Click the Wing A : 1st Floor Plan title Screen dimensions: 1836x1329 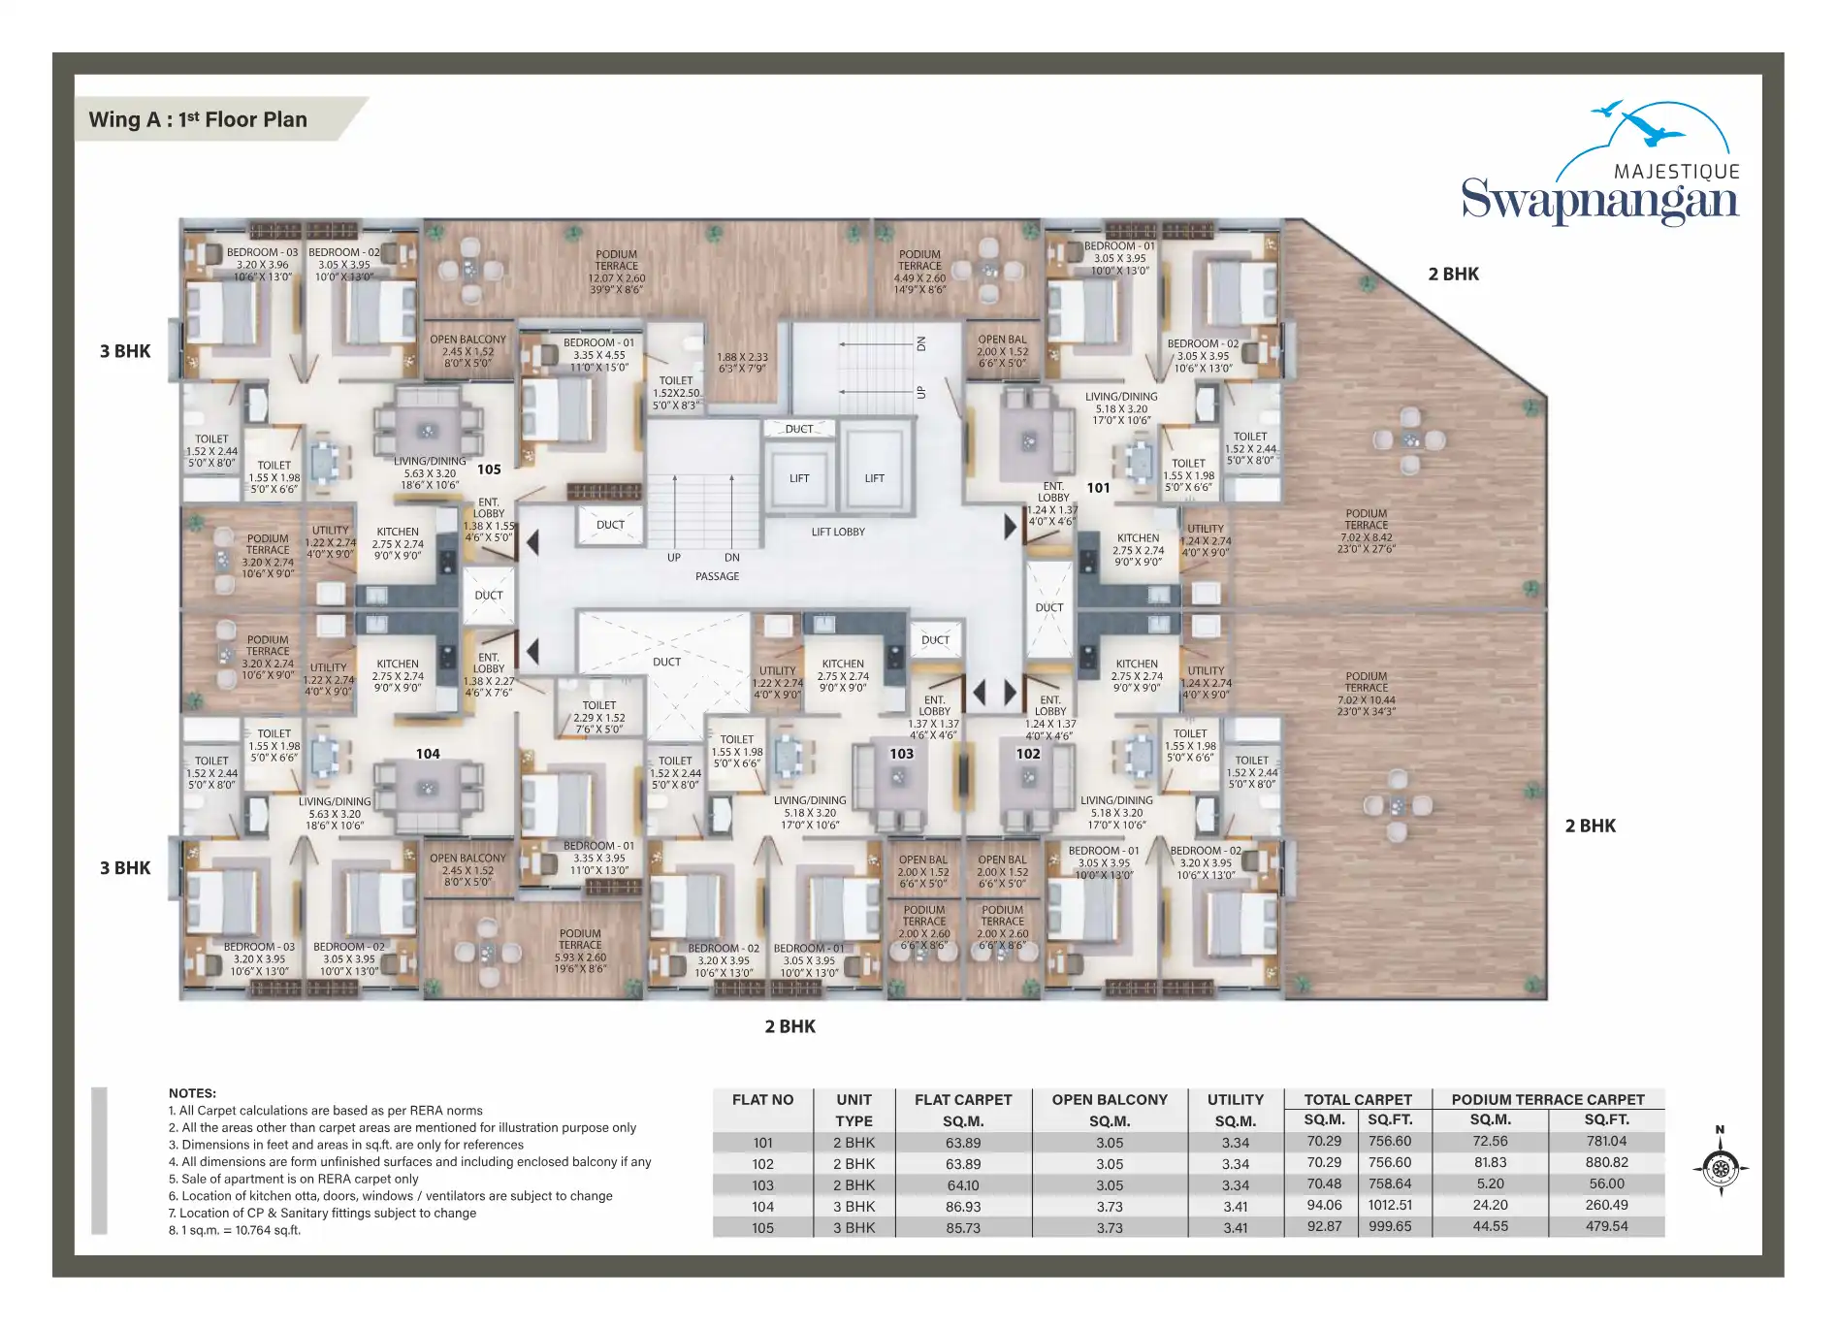198,119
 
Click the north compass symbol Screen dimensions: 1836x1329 1721,1161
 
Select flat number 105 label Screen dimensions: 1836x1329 489,470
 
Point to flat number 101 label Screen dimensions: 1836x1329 1098,488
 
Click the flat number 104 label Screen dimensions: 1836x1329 428,754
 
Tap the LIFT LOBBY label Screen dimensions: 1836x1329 838,532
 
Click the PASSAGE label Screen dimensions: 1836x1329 717,576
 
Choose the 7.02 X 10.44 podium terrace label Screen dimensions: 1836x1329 1366,694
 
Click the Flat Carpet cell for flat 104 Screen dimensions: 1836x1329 962,1207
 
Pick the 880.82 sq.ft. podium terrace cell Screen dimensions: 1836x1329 1606,1162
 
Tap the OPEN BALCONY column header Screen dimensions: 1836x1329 1110,1100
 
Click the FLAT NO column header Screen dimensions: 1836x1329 762,1100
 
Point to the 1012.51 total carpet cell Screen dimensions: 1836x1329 1390,1205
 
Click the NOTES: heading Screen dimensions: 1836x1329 192,1093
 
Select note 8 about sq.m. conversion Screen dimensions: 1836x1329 235,1230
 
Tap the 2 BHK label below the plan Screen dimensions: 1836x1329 789,1026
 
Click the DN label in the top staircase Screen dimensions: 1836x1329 921,343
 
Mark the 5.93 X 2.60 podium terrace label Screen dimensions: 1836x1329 580,951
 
